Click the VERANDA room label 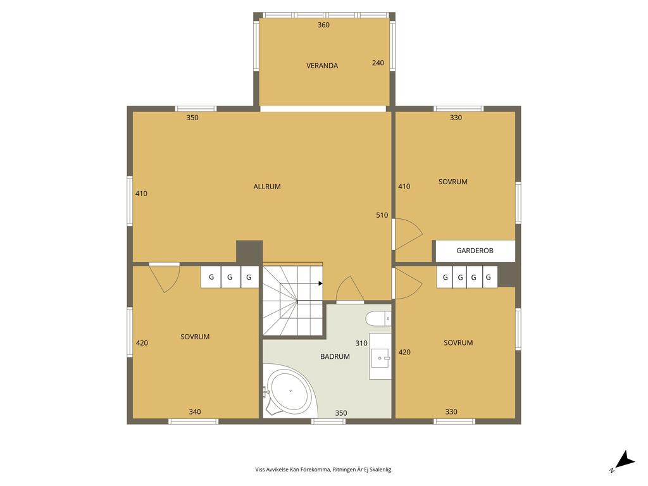[322, 66]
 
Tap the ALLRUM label [267, 187]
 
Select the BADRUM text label [335, 357]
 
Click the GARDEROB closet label [475, 251]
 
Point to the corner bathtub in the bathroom [290, 392]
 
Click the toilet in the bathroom [378, 318]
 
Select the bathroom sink [380, 357]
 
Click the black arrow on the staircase [321, 283]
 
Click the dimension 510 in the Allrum [382, 215]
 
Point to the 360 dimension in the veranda [323, 25]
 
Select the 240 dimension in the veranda [378, 63]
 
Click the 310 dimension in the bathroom [361, 344]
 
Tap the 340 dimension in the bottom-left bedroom [195, 412]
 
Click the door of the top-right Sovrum [408, 233]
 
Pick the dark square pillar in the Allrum [249, 252]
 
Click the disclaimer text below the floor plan [323, 470]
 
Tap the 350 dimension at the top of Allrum [192, 118]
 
